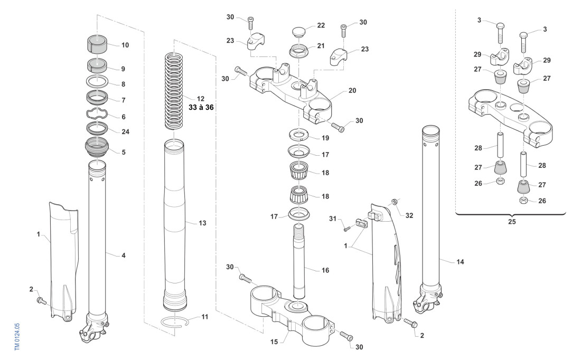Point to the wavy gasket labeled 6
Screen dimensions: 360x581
pyautogui.click(x=98, y=115)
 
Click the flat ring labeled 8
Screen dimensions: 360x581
pyautogui.click(x=98, y=82)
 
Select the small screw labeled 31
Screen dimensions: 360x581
pyautogui.click(x=346, y=228)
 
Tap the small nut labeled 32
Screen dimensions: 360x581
pyautogui.click(x=394, y=202)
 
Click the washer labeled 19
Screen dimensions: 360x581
pyautogui.click(x=299, y=134)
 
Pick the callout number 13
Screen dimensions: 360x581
pyautogui.click(x=203, y=223)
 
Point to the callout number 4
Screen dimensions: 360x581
pyautogui.click(x=123, y=255)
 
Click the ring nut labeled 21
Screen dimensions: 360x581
pyautogui.click(x=299, y=52)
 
